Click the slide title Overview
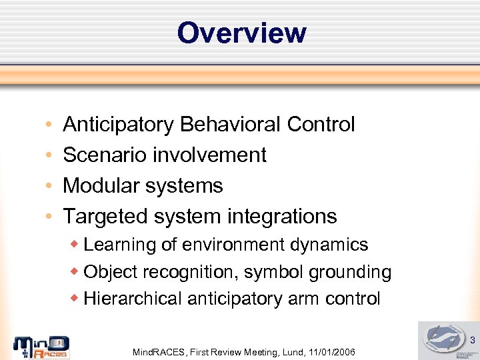tap(241, 33)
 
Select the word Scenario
tap(105, 155)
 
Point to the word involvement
tap(210, 155)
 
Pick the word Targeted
tap(105, 217)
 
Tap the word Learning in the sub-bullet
tap(120, 245)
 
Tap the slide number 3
tap(472, 341)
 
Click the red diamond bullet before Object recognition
tap(75, 271)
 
